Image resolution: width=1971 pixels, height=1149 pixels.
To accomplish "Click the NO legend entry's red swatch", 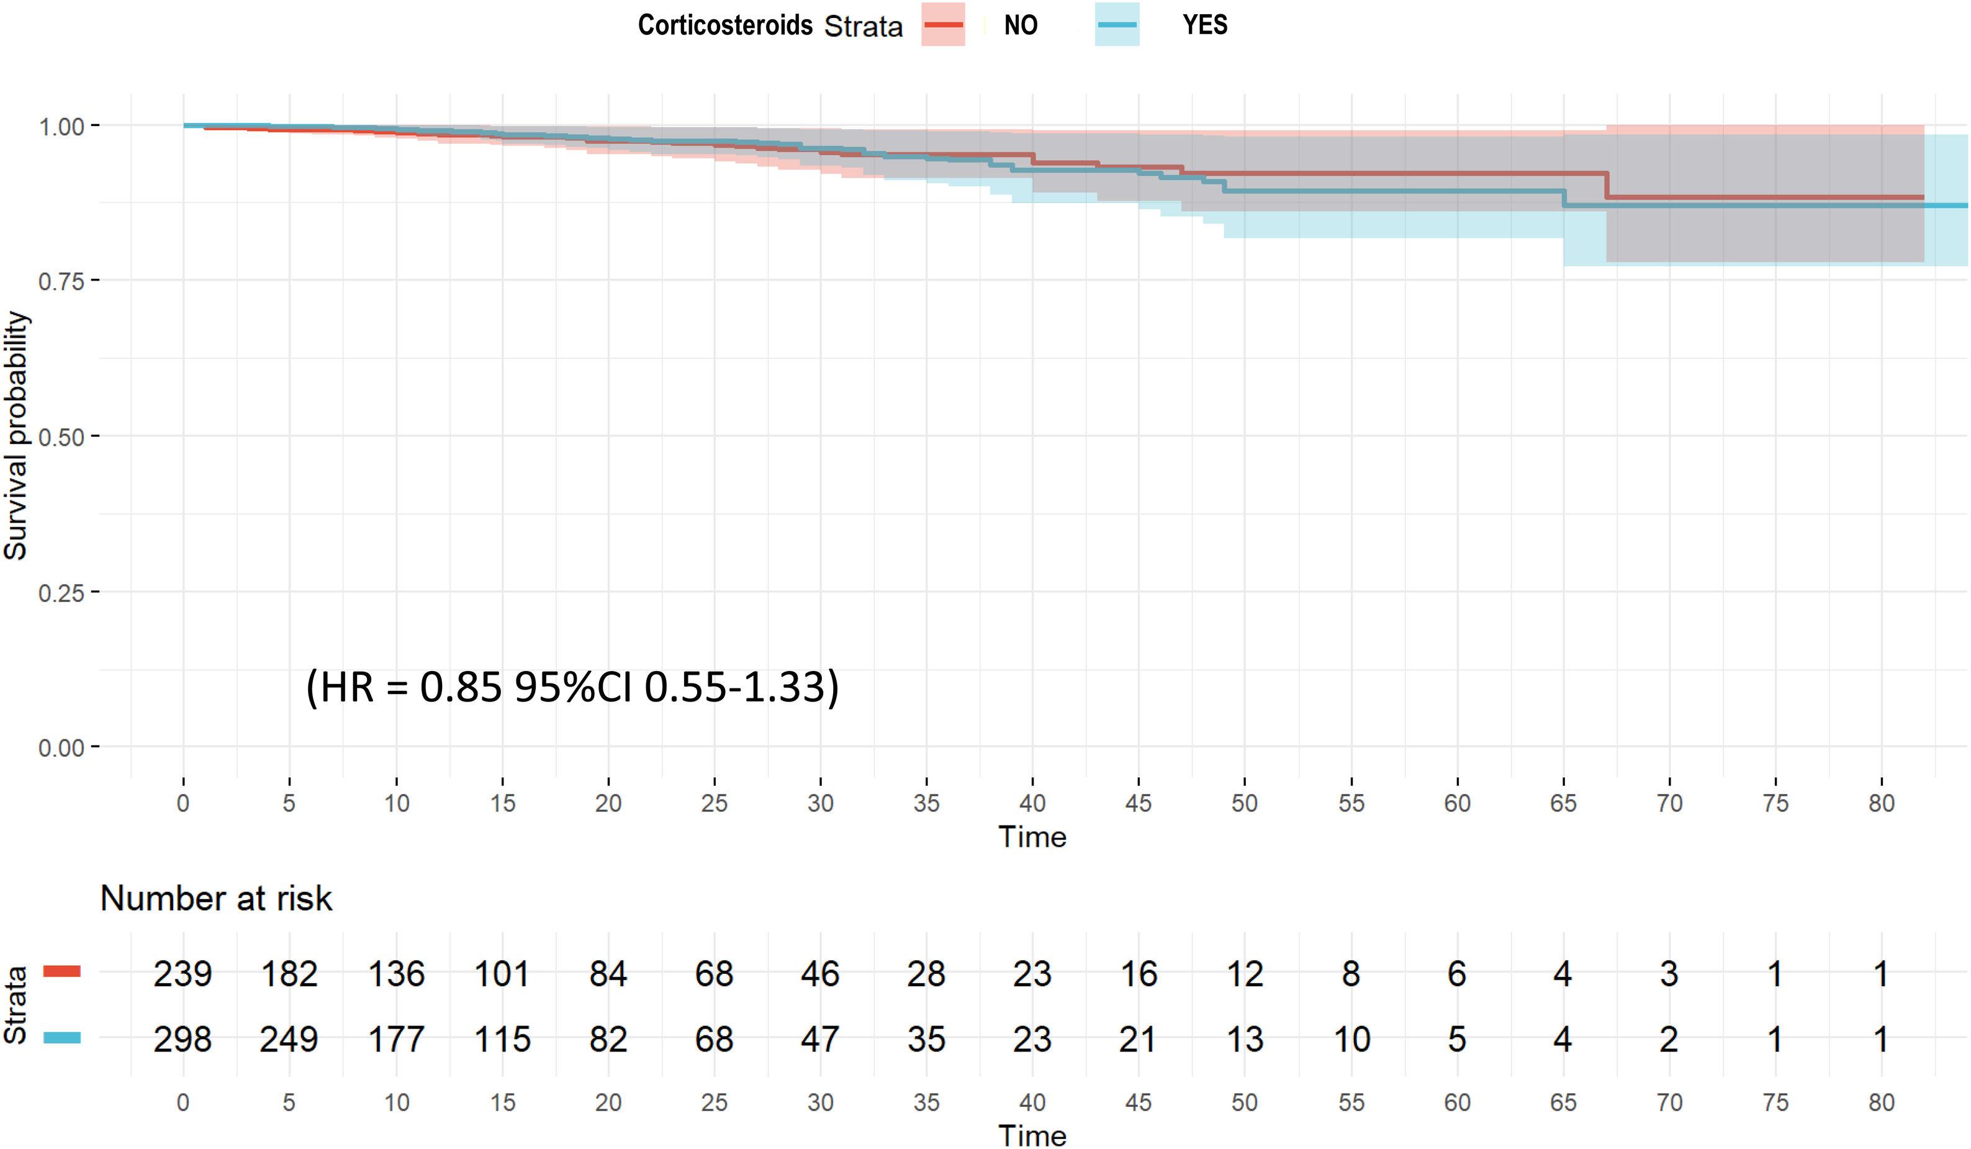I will click(942, 24).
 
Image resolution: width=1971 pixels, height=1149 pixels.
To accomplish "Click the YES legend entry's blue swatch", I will click(1117, 24).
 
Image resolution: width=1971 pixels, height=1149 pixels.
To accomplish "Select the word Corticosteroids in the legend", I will click(725, 25).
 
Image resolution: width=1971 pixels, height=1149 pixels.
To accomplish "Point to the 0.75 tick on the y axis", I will click(61, 281).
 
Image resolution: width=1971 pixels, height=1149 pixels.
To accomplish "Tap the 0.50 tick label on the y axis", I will click(61, 436).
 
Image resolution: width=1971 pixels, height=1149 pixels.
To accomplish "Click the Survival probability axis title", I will click(16, 436).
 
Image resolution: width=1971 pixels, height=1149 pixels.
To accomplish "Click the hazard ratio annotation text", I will click(572, 687).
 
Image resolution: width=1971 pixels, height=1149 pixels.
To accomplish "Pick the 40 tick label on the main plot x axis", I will click(1032, 803).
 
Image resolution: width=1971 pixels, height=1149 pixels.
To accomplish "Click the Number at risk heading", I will click(216, 898).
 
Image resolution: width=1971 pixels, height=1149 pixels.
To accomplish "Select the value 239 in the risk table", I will click(183, 974).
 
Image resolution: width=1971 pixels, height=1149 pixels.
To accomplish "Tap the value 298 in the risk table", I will click(183, 1040).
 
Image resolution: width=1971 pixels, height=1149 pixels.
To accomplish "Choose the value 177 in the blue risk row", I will click(396, 1040).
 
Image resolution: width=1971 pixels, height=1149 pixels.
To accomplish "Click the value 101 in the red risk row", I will click(502, 974).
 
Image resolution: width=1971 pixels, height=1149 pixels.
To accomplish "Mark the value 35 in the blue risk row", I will click(926, 1040).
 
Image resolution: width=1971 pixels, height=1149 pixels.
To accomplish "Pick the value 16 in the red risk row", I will click(1138, 974).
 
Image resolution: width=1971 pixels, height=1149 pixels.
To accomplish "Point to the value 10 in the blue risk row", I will click(1351, 1040).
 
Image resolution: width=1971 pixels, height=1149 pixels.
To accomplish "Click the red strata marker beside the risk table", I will click(62, 971).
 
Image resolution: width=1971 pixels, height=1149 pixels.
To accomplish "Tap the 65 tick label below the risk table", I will click(1563, 1103).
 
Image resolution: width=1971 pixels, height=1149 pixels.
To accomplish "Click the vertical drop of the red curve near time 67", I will click(1607, 186).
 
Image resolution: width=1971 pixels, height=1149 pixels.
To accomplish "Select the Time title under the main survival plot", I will click(1032, 837).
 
